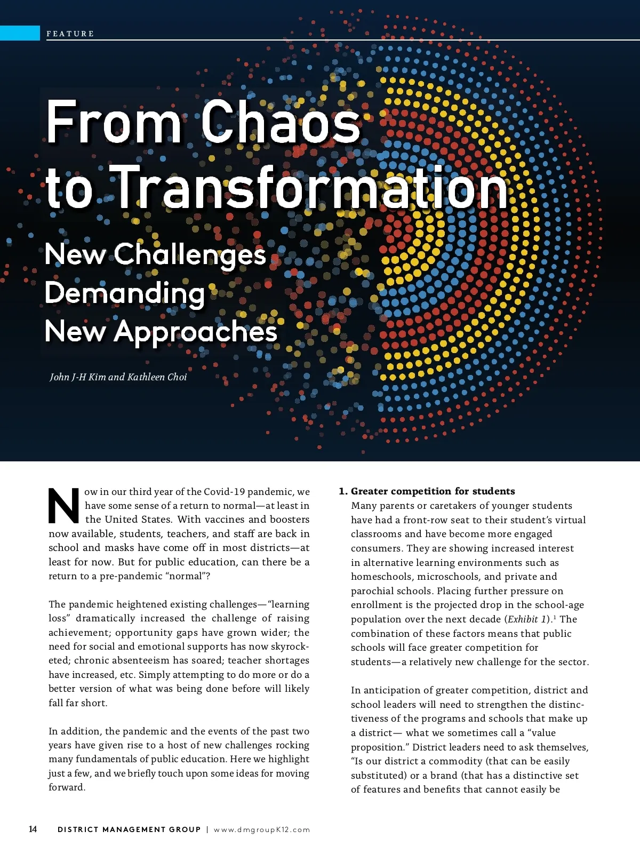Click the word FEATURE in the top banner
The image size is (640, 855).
point(70,34)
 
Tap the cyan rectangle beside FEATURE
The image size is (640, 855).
point(20,33)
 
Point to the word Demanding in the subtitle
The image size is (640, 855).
point(125,293)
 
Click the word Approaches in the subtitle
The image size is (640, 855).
point(195,331)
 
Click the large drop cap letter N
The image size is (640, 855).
point(63,505)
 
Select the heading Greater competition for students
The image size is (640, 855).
point(433,491)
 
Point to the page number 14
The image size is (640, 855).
point(33,829)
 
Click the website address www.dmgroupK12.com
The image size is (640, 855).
point(262,829)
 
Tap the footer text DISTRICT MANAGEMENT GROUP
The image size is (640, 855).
point(129,829)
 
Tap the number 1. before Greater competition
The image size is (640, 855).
point(343,491)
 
